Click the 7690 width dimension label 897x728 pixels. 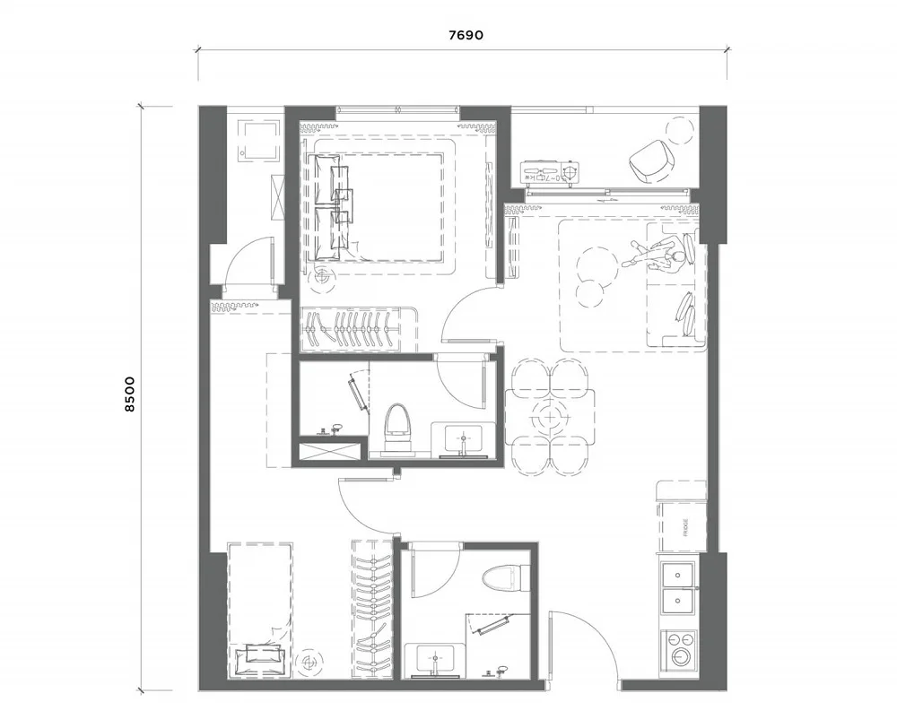(466, 36)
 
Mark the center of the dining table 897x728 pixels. (548, 415)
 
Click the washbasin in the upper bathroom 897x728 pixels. (460, 439)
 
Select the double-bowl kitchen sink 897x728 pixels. (681, 587)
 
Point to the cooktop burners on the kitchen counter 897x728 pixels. (681, 647)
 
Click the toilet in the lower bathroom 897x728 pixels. (498, 576)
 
